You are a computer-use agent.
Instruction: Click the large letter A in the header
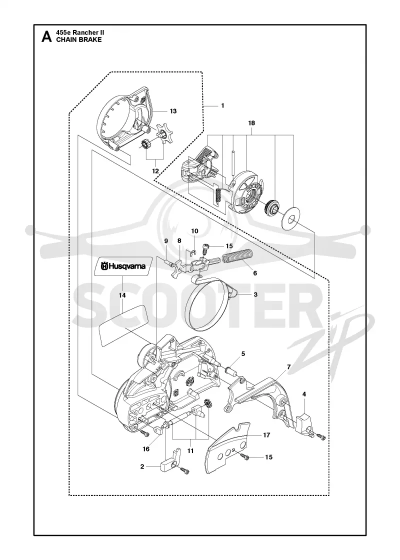coord(46,36)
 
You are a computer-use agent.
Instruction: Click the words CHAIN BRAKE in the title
coord(79,39)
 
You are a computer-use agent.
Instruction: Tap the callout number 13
coord(173,111)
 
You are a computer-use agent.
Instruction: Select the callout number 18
coord(251,123)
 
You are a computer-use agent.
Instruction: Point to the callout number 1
coord(222,105)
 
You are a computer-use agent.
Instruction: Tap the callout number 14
coord(122,295)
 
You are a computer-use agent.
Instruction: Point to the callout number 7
coord(288,367)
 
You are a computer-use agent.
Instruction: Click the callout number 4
coord(304,394)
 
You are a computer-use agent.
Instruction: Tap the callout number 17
coord(266,435)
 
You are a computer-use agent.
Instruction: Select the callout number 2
coord(142,466)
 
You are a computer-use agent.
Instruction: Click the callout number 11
coord(190,450)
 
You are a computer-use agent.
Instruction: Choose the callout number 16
coord(145,449)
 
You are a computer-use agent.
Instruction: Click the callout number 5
coord(243,354)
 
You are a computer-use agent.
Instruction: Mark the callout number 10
coord(194,231)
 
